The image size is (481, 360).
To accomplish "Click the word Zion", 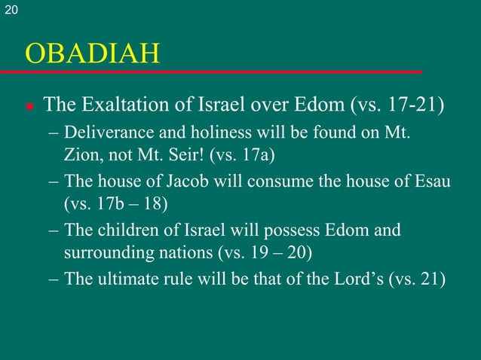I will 80,156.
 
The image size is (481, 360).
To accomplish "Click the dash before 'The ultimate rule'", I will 54,279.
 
